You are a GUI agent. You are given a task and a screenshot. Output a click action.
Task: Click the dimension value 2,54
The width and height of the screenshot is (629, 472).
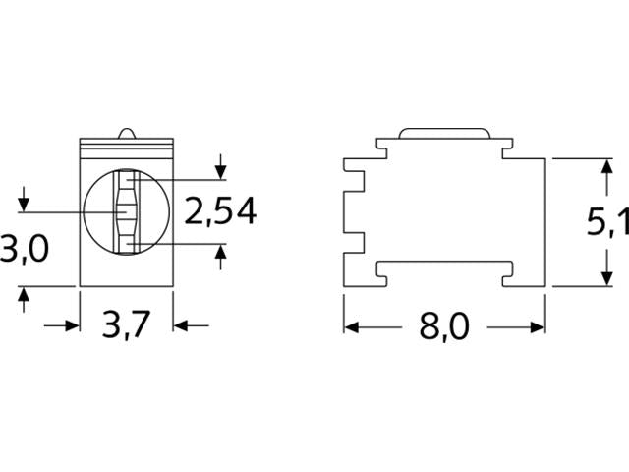(221, 210)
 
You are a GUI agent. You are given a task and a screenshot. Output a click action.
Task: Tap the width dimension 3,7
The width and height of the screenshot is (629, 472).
(125, 324)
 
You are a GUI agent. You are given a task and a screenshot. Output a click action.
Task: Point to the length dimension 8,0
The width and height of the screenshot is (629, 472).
(444, 325)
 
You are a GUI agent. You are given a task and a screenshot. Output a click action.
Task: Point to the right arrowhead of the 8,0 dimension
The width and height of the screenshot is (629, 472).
(537, 325)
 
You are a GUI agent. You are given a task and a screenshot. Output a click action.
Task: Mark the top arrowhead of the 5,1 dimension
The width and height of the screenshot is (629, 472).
(600, 167)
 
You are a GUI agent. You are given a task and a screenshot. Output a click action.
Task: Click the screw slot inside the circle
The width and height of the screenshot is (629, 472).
(127, 211)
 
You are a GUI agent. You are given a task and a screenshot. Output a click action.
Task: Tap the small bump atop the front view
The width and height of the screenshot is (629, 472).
(125, 133)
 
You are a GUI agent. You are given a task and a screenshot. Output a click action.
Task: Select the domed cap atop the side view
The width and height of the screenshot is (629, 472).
(444, 133)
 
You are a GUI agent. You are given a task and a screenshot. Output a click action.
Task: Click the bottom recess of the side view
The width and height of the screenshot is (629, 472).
(444, 267)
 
